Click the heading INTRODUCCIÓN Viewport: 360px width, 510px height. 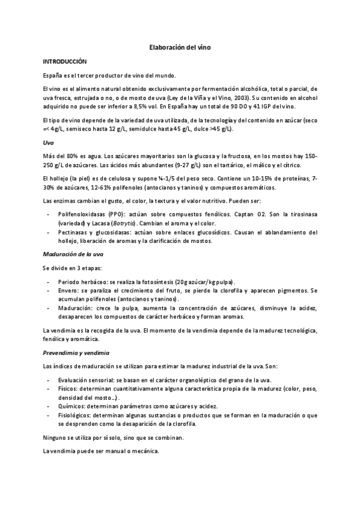pos(64,61)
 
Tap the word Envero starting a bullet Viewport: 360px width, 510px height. pos(69,290)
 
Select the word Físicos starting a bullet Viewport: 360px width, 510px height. pos(69,389)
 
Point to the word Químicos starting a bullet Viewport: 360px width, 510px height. pos(72,407)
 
